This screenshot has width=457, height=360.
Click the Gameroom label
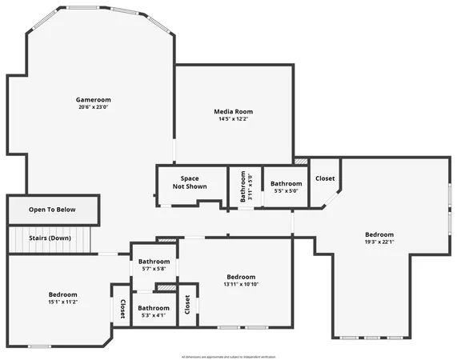(x=94, y=99)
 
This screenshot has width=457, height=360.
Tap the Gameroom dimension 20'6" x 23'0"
(x=94, y=107)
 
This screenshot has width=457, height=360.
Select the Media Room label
(x=234, y=111)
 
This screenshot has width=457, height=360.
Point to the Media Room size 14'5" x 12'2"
(x=234, y=119)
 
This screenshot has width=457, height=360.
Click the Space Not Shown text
(x=190, y=182)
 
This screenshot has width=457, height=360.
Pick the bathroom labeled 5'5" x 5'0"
(x=286, y=187)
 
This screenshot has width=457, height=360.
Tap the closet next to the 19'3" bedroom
(x=325, y=178)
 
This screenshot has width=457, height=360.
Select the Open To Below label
(x=52, y=210)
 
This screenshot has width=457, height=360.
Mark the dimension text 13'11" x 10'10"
(x=240, y=285)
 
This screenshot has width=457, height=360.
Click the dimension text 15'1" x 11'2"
(x=62, y=302)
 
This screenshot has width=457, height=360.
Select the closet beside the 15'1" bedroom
(x=122, y=309)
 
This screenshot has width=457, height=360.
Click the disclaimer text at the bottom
(x=228, y=356)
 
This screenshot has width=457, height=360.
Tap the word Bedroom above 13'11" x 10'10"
(x=240, y=277)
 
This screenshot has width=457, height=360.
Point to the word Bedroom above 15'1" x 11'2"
(x=62, y=294)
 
